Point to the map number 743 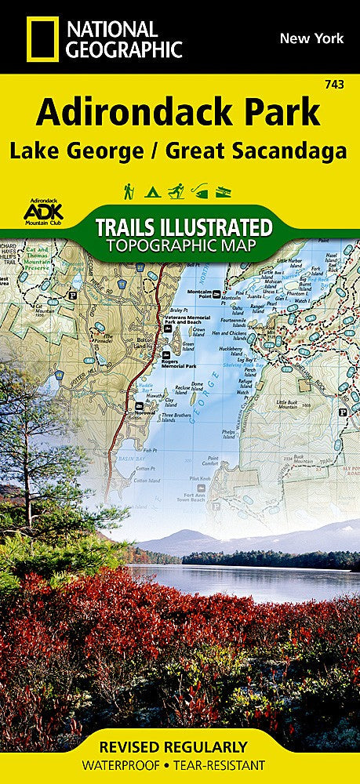click(x=342, y=85)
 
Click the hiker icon click(x=128, y=191)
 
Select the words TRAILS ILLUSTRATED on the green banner click(x=184, y=227)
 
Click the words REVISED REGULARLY click(x=180, y=747)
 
